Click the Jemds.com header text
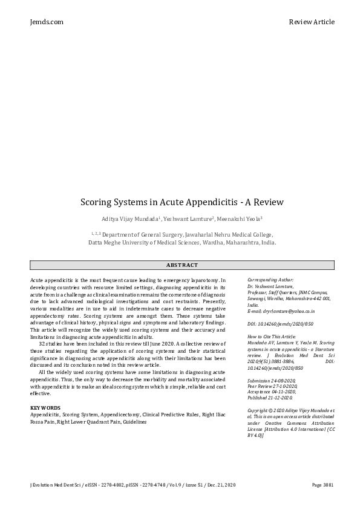tap(46, 22)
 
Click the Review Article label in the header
tap(312, 22)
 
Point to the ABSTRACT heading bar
tap(182, 265)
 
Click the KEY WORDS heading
tap(45, 408)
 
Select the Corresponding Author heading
tap(270, 280)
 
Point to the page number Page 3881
tap(323, 485)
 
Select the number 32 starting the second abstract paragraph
tap(42, 343)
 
